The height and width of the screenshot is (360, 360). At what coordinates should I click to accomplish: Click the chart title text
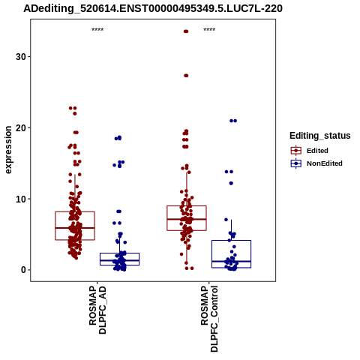[x=153, y=8]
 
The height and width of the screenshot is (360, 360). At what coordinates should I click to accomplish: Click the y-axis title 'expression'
[x=8, y=150]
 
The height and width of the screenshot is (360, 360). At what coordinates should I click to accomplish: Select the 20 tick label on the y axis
[x=21, y=127]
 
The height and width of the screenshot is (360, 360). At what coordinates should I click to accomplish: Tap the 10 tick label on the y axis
[x=21, y=199]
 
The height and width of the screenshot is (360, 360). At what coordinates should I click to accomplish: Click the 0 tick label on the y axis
[x=23, y=270]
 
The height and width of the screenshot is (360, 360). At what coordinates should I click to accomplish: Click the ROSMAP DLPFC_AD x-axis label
[x=97, y=310]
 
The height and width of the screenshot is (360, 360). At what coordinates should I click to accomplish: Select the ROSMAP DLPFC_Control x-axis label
[x=209, y=319]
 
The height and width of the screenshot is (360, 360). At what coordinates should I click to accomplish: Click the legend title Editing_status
[x=320, y=136]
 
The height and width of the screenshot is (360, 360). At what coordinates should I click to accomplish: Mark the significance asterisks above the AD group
[x=97, y=30]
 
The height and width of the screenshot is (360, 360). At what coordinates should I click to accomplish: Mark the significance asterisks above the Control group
[x=209, y=30]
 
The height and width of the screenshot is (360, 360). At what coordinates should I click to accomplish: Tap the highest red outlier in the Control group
[x=186, y=31]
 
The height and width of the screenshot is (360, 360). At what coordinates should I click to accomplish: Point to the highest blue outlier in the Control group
[x=233, y=121]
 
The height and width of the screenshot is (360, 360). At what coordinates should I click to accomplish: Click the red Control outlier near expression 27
[x=186, y=76]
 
